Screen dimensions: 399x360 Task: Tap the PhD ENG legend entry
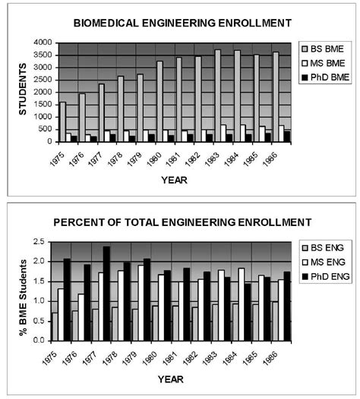coord(327,278)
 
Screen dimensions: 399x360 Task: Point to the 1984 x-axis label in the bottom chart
coord(241,354)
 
